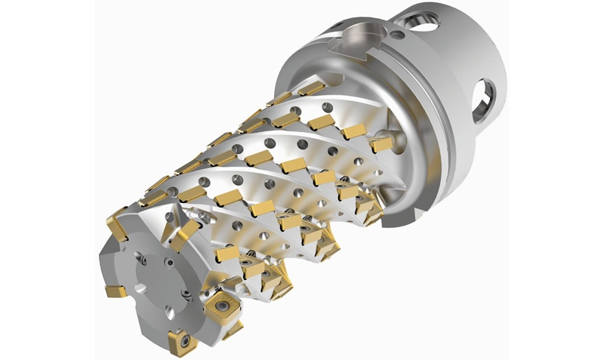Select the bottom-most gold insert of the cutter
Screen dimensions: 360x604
pos(181,343)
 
